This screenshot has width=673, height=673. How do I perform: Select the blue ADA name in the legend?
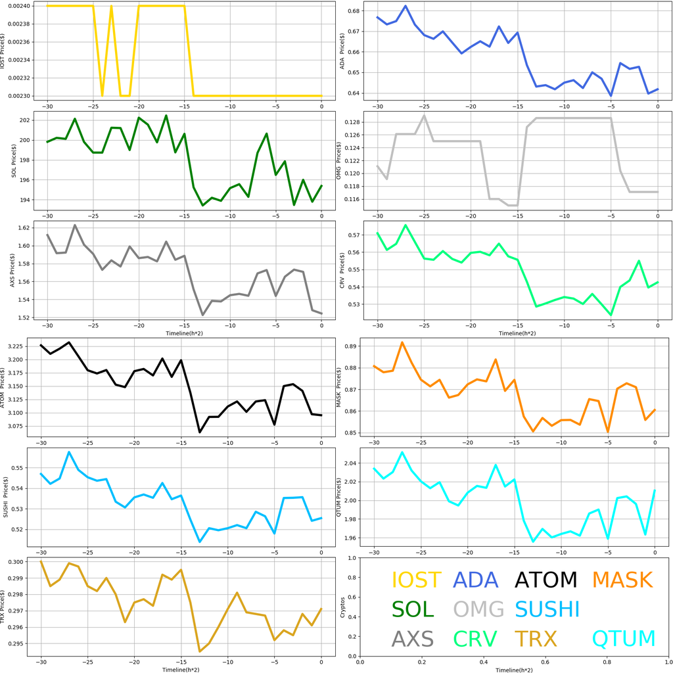click(x=480, y=580)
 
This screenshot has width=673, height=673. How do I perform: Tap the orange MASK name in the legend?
click(x=622, y=580)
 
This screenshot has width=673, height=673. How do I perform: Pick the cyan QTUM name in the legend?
click(x=624, y=639)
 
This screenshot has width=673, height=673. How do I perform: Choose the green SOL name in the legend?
click(x=413, y=609)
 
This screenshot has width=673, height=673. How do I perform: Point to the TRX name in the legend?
click(x=535, y=639)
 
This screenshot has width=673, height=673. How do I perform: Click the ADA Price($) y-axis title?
click(x=342, y=50)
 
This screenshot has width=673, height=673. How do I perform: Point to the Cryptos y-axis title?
click(x=342, y=609)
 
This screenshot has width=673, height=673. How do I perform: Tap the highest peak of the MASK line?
click(x=402, y=342)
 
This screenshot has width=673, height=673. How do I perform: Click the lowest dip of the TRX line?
click(x=200, y=651)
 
